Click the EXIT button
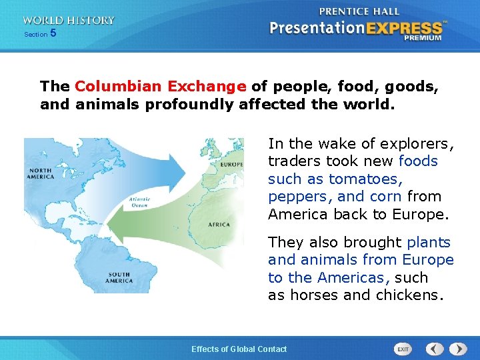403,349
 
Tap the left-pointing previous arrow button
435,349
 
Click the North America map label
41,173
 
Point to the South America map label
119,277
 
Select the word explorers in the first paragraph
418,143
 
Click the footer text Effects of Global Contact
239,349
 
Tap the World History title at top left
68,20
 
